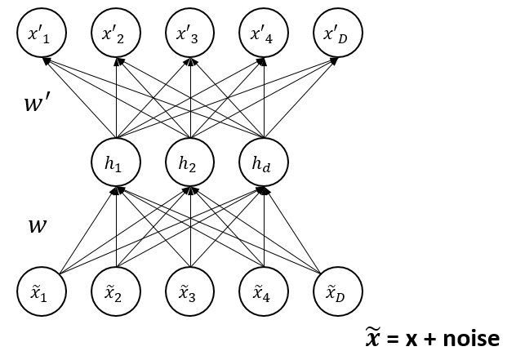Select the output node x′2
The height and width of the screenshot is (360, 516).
(x=117, y=34)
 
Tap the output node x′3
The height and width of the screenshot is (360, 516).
(x=190, y=34)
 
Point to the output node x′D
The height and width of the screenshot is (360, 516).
(x=338, y=34)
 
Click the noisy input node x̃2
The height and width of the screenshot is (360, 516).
(x=117, y=290)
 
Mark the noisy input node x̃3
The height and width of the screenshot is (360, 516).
(x=190, y=290)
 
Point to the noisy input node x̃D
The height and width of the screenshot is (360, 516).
(x=338, y=290)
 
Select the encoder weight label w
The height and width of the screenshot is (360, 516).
(x=37, y=224)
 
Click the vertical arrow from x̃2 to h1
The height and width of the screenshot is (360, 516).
(x=117, y=229)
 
